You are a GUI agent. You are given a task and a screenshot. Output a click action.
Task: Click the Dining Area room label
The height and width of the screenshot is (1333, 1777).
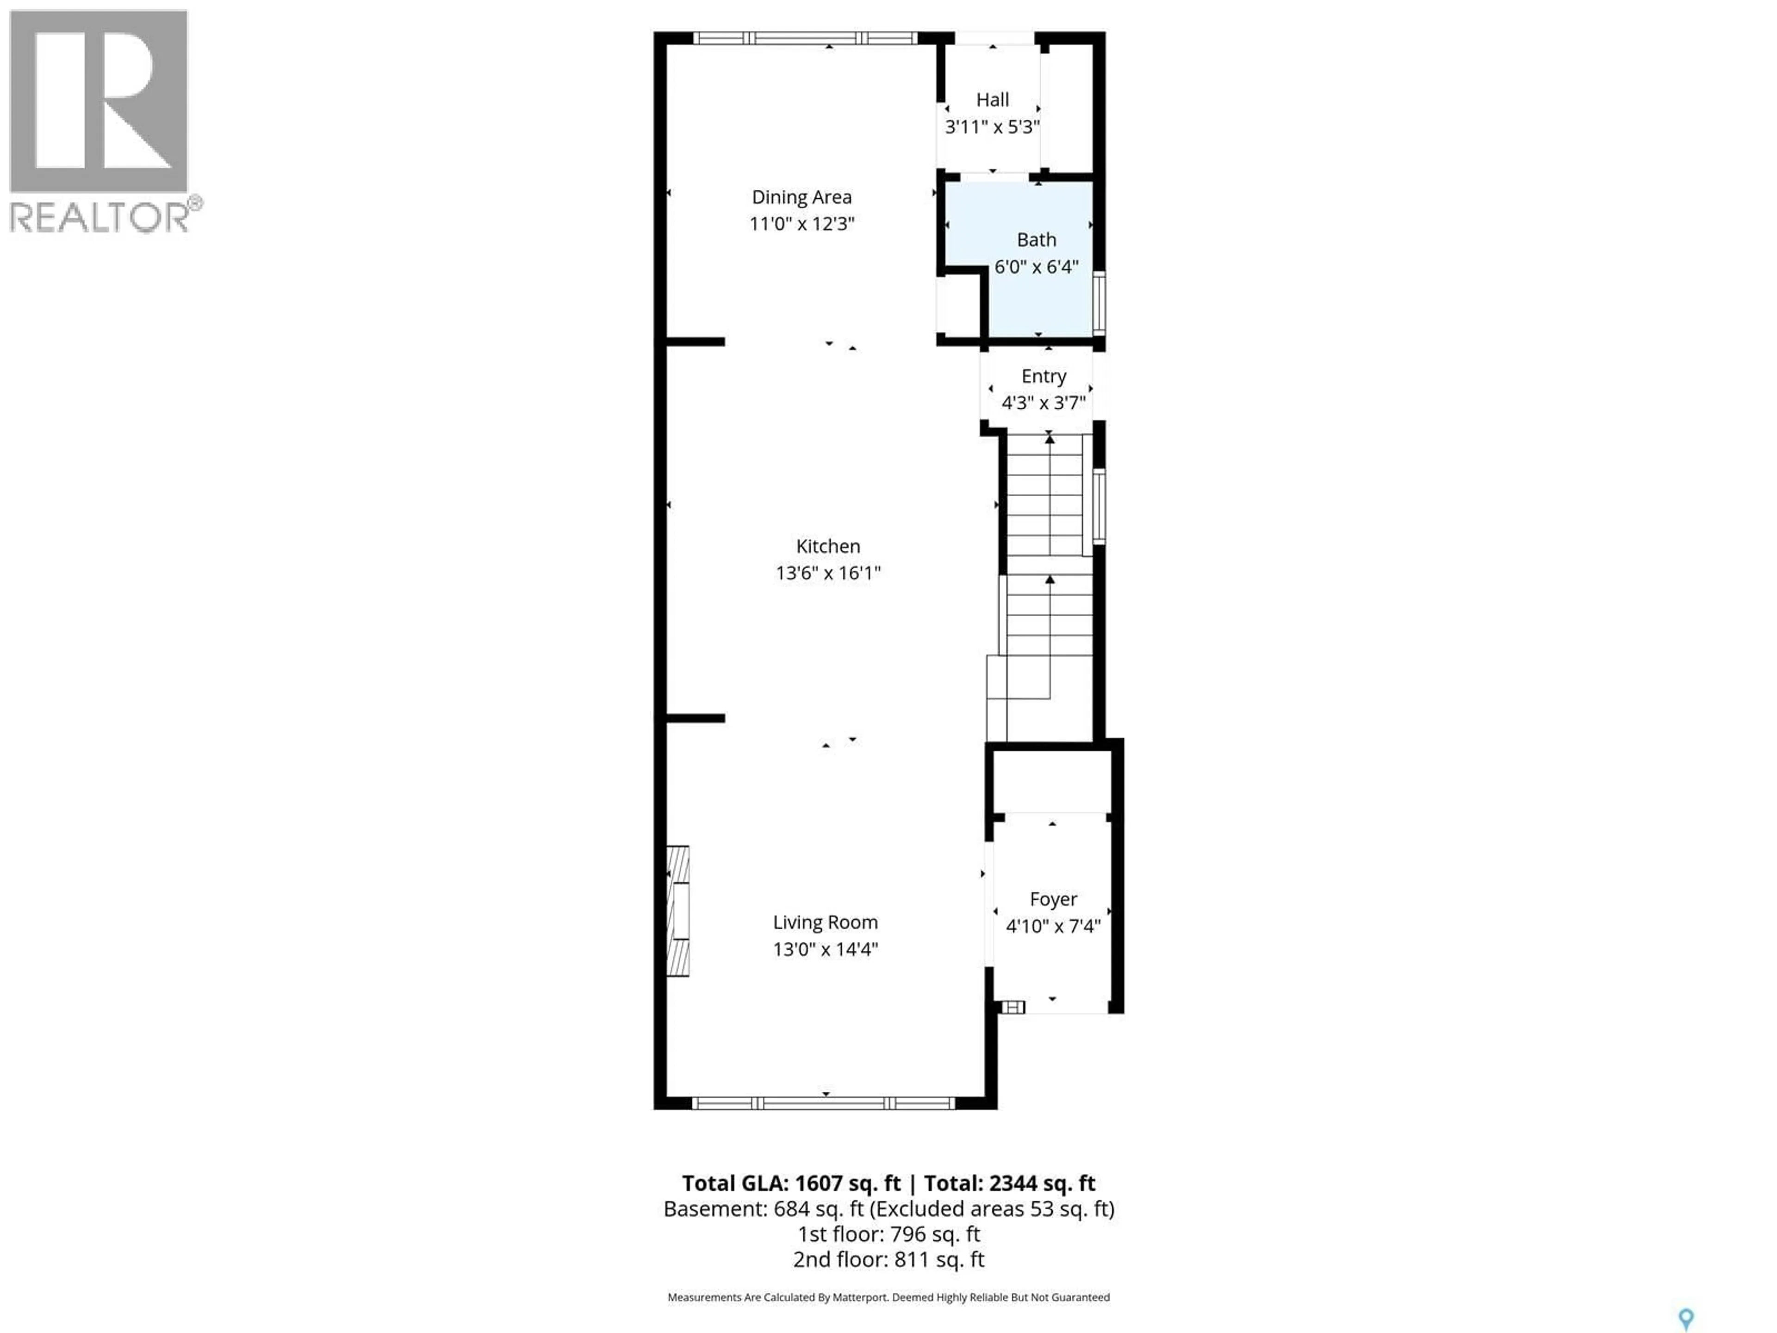coord(801,197)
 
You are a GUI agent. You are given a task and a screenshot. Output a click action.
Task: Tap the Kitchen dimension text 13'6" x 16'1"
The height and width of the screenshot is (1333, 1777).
coord(827,573)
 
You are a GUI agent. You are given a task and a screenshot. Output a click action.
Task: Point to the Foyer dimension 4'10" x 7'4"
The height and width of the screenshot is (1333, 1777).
coord(1052,927)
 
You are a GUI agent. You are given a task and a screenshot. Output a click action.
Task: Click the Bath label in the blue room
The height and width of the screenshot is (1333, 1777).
coord(1036,239)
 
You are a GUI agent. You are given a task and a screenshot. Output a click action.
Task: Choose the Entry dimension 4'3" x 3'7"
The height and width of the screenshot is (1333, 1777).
coord(1043,403)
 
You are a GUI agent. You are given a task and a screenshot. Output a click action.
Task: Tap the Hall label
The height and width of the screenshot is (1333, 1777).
coord(992,100)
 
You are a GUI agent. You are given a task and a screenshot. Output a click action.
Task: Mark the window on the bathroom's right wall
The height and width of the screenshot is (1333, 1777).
coord(1098,303)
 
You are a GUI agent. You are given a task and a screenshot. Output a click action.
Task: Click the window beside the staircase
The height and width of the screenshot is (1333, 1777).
coord(1098,506)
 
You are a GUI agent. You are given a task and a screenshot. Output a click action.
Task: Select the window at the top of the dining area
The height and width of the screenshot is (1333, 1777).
coord(805,38)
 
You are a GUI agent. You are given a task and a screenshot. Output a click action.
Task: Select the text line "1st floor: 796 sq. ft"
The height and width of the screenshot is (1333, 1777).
coord(888,1234)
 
